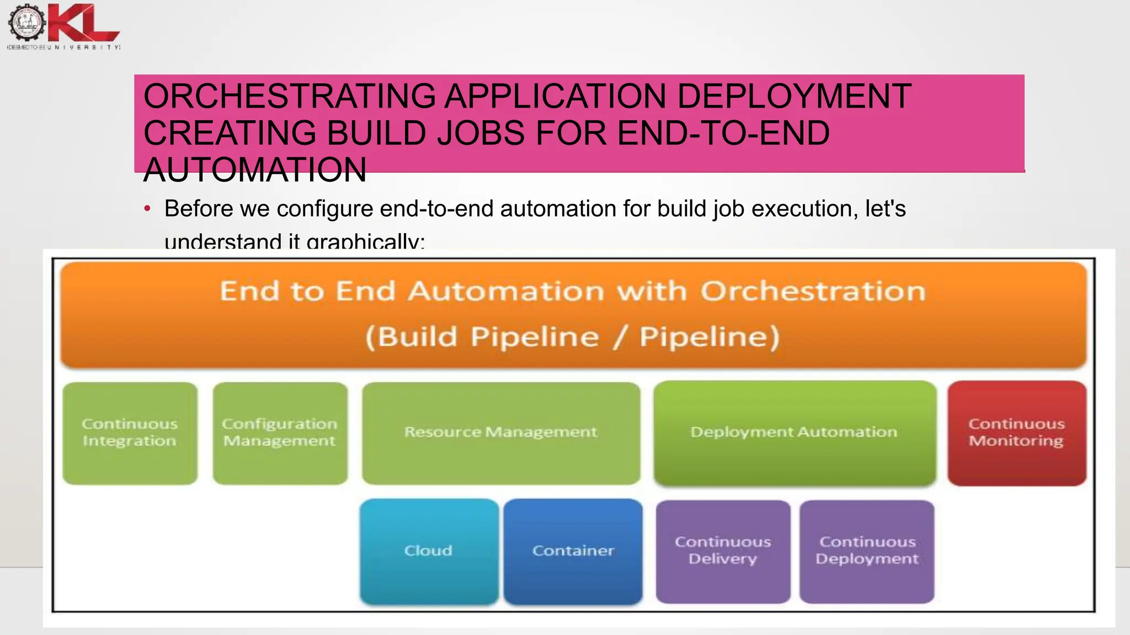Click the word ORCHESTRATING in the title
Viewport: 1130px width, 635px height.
290,96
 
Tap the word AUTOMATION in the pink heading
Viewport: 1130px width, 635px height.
255,170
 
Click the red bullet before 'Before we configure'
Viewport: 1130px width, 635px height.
147,209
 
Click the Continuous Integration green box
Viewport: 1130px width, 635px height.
130,433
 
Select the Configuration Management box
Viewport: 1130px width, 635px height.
280,433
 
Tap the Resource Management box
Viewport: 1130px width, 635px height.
501,433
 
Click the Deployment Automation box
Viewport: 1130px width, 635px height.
795,433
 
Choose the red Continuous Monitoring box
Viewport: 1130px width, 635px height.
1016,433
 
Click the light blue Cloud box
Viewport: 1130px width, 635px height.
429,551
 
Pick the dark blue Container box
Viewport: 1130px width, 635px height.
573,551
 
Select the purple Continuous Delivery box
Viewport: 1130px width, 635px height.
723,551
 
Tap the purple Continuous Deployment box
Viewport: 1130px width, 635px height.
867,551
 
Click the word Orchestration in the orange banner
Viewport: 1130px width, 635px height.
813,291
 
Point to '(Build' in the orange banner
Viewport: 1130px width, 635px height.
411,336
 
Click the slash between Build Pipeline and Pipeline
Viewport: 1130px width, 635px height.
619,337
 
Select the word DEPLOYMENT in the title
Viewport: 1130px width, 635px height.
793,96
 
